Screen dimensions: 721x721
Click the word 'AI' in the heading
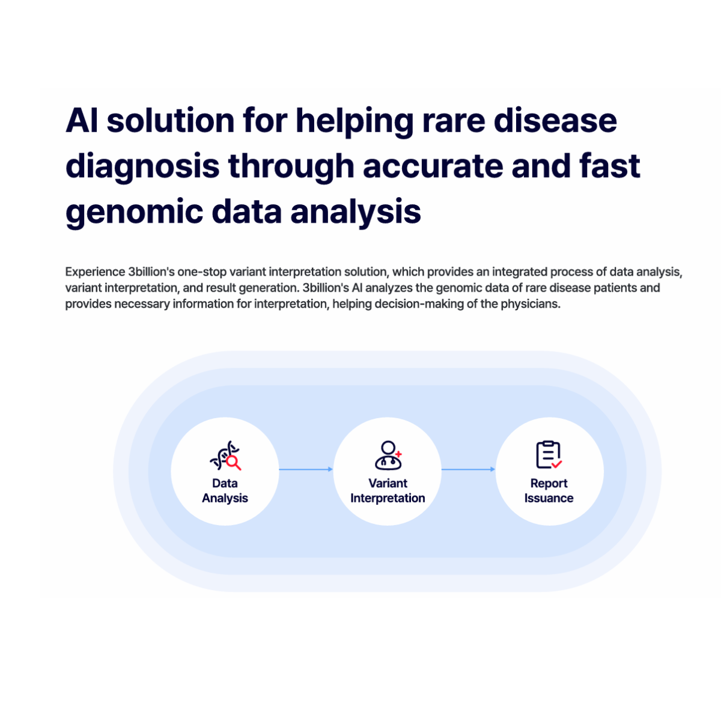point(82,121)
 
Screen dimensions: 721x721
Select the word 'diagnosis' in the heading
point(142,167)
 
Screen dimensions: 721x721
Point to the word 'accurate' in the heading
point(433,166)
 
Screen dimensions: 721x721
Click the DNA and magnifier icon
point(225,456)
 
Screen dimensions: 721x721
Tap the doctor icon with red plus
point(388,455)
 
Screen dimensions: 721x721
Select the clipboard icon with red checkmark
point(549,455)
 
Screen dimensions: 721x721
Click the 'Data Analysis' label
point(225,491)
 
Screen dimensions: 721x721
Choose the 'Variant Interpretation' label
point(388,491)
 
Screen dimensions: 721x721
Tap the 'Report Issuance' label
point(549,491)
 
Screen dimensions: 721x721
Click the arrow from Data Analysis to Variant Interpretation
point(306,469)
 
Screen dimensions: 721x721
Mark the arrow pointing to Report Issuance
point(468,469)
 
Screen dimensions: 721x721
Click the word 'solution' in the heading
point(171,121)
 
